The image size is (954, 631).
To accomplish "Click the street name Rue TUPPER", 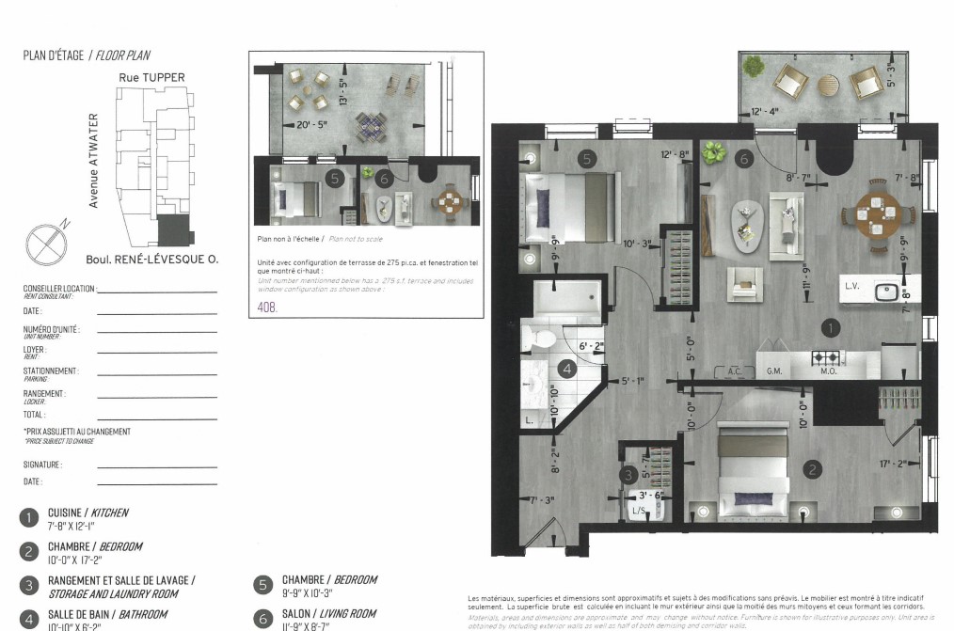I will coord(151,77).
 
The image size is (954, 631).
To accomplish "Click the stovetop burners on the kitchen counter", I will coord(825,357).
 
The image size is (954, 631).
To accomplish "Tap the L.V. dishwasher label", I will coord(852,286).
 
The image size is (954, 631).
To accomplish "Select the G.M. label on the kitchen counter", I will coord(776,371).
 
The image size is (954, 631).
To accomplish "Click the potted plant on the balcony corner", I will coord(755,67).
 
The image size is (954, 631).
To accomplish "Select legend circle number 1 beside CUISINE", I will coord(29,516).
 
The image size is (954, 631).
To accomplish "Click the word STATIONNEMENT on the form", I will coord(51,371).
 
